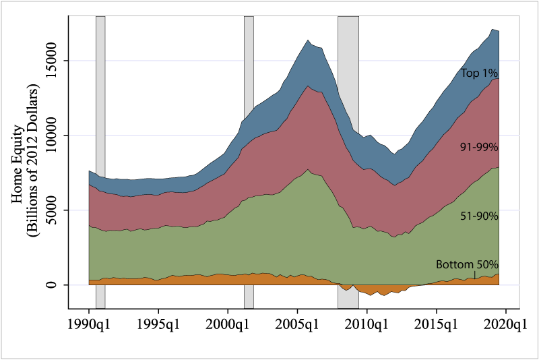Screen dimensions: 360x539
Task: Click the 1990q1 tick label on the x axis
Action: pos(89,325)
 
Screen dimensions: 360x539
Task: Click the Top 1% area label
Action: pos(479,73)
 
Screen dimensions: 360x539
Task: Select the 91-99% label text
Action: pos(479,146)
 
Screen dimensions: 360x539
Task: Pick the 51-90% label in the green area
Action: pos(479,216)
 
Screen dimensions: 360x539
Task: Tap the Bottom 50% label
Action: pos(467,264)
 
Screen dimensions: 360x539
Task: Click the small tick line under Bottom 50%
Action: pos(474,274)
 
